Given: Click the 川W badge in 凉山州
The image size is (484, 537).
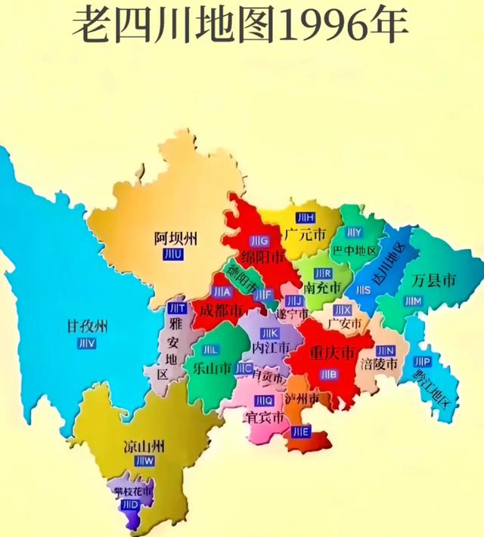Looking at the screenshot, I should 144,461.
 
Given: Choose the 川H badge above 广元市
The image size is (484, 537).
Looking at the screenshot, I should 306,218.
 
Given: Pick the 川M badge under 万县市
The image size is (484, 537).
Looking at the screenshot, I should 412,301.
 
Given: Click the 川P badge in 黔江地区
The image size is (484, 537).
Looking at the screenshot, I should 422,361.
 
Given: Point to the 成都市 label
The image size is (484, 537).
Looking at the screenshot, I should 218,310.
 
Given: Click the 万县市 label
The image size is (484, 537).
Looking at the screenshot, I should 435,282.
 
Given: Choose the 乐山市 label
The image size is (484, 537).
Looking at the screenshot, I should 211,369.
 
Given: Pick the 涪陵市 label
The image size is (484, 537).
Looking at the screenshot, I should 380,364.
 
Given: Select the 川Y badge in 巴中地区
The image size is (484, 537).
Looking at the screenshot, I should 354,232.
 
